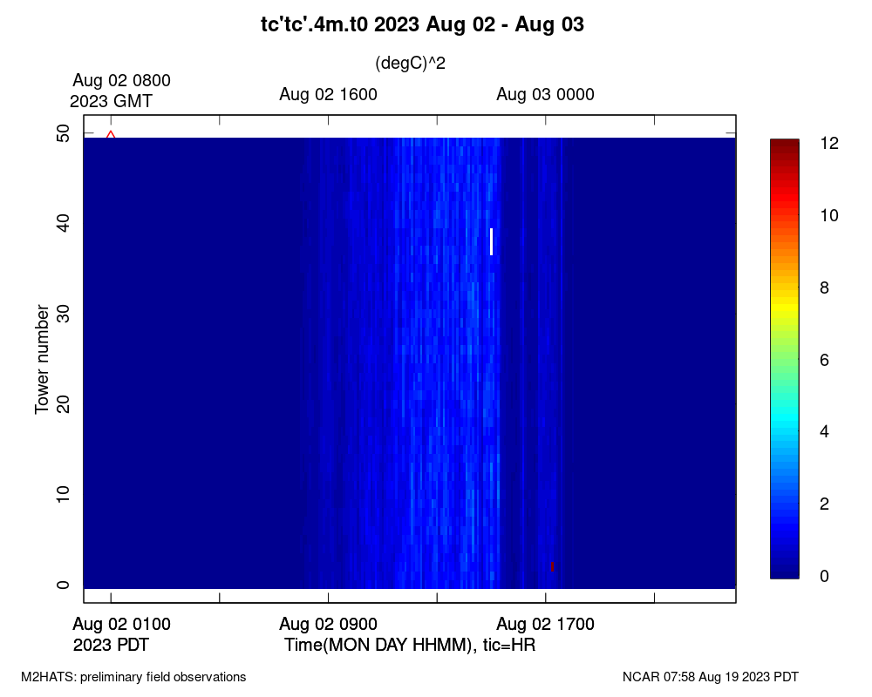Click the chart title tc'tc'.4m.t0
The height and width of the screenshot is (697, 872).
point(314,24)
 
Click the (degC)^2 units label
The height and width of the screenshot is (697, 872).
point(411,64)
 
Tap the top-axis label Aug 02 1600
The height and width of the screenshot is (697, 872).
point(328,94)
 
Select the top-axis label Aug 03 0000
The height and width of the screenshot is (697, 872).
point(546,94)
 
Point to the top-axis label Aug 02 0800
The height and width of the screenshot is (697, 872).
point(121,81)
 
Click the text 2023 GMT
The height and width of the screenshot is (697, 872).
point(111,101)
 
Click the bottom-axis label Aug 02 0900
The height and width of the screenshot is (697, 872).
point(328,624)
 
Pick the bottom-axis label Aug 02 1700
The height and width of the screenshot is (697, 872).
point(546,624)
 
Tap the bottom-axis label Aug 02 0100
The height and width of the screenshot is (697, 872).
point(121,624)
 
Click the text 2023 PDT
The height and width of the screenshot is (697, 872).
point(111,646)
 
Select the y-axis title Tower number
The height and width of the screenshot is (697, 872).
point(42,359)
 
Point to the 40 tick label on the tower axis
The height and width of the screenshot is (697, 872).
point(64,223)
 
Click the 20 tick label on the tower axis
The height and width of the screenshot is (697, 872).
point(64,404)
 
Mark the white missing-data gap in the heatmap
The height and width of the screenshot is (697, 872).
point(491,241)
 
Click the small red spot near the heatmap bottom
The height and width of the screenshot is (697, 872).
point(552,566)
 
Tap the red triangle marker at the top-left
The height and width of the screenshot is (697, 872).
point(111,134)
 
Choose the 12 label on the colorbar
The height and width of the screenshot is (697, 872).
point(829,144)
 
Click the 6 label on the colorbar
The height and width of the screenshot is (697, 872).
point(824,360)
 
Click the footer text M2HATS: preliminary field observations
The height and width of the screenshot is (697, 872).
point(133,677)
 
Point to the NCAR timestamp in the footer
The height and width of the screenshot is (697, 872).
point(711,677)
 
